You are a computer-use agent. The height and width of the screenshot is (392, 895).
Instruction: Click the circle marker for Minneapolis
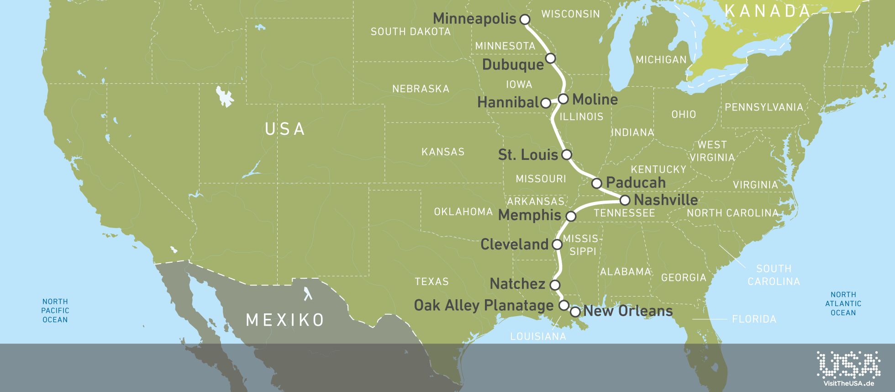pos(525,19)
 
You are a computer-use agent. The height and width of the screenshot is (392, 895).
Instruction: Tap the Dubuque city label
pos(513,64)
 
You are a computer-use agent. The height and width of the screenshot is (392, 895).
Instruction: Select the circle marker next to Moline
pos(563,99)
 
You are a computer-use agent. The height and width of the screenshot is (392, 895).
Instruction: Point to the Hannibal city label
pos(508,102)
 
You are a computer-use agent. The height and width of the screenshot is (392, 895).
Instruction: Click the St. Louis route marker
pos(567,154)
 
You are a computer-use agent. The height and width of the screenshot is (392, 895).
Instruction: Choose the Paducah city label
pos(636,182)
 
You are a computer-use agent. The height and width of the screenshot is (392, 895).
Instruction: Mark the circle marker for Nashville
pos(625,200)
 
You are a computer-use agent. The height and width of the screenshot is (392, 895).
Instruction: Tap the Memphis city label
pos(529,215)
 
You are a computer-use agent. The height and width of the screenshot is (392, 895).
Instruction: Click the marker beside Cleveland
pos(557,244)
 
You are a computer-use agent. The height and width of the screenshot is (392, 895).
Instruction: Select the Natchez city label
pos(517,284)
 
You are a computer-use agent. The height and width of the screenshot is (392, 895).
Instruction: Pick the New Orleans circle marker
pos(575,312)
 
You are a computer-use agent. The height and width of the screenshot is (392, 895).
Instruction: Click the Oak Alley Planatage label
pos(484,305)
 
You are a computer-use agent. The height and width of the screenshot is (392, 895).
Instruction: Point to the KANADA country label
pos(768,11)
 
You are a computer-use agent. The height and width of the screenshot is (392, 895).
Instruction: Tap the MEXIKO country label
pos(285,320)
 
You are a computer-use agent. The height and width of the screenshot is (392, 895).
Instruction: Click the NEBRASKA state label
pos(421,89)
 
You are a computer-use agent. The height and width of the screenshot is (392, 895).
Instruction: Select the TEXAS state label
pos(432,281)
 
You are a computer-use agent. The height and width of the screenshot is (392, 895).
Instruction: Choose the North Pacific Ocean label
pos(55,311)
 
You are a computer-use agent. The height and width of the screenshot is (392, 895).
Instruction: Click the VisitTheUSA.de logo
pos(848,369)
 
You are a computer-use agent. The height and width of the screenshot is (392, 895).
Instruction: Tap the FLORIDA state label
pos(754,319)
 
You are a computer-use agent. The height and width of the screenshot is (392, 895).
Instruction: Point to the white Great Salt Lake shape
pos(225,96)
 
